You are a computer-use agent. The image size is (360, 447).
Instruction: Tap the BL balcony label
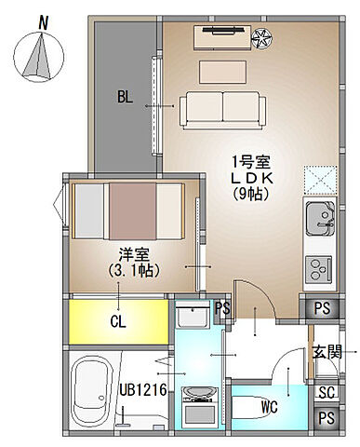[x=126, y=97]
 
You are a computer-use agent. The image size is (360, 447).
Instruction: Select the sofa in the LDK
[x=215, y=108]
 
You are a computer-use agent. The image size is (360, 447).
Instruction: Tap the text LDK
[x=247, y=178]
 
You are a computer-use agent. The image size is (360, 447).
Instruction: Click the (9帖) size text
[x=247, y=195]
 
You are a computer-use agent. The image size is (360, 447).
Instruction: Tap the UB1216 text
[x=144, y=390]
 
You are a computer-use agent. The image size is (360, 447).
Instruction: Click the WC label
[x=269, y=405]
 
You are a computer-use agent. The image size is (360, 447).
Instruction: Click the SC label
[x=327, y=393]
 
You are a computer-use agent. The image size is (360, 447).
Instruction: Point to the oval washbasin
[x=199, y=391]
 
